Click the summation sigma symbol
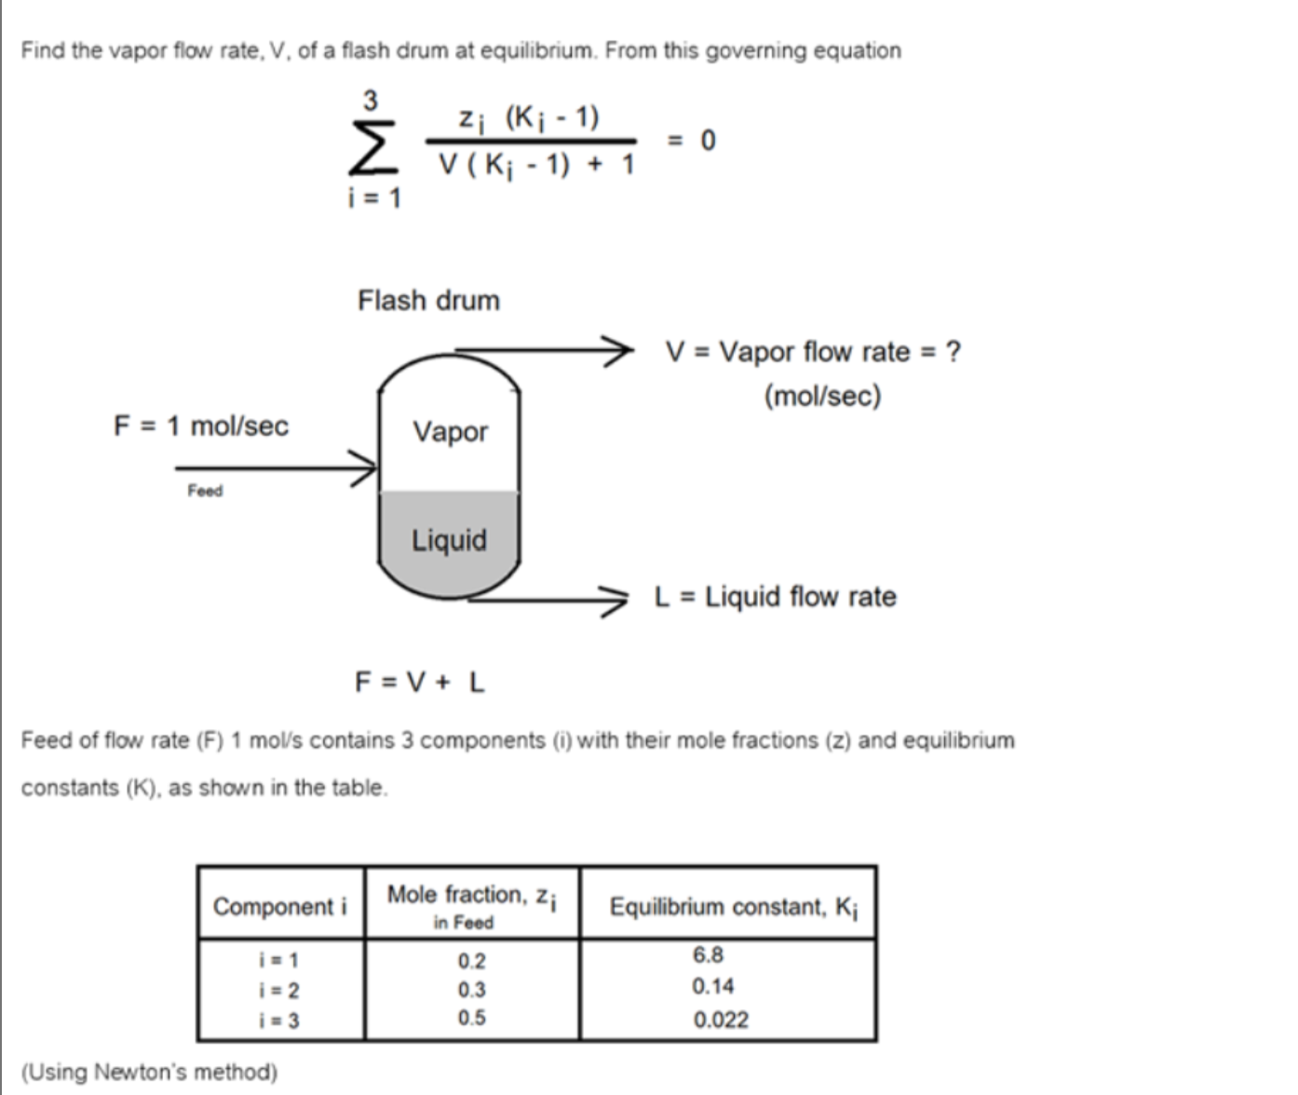coord(372,147)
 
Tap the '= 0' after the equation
coord(693,141)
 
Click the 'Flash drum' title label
coord(428,301)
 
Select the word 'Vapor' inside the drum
coord(450,432)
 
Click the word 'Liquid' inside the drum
coord(449,541)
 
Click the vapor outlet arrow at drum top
coord(540,351)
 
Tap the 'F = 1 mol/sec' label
coord(201,426)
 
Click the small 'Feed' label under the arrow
coord(205,491)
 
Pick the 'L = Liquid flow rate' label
coord(776,597)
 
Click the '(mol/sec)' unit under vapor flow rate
coord(822,397)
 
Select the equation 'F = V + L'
coord(420,683)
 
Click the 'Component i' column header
coord(279,906)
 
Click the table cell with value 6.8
coord(708,955)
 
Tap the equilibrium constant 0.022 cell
coord(720,1021)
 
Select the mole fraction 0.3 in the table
coord(471,990)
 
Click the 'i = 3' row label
coord(279,1021)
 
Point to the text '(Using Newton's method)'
coord(149,1072)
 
